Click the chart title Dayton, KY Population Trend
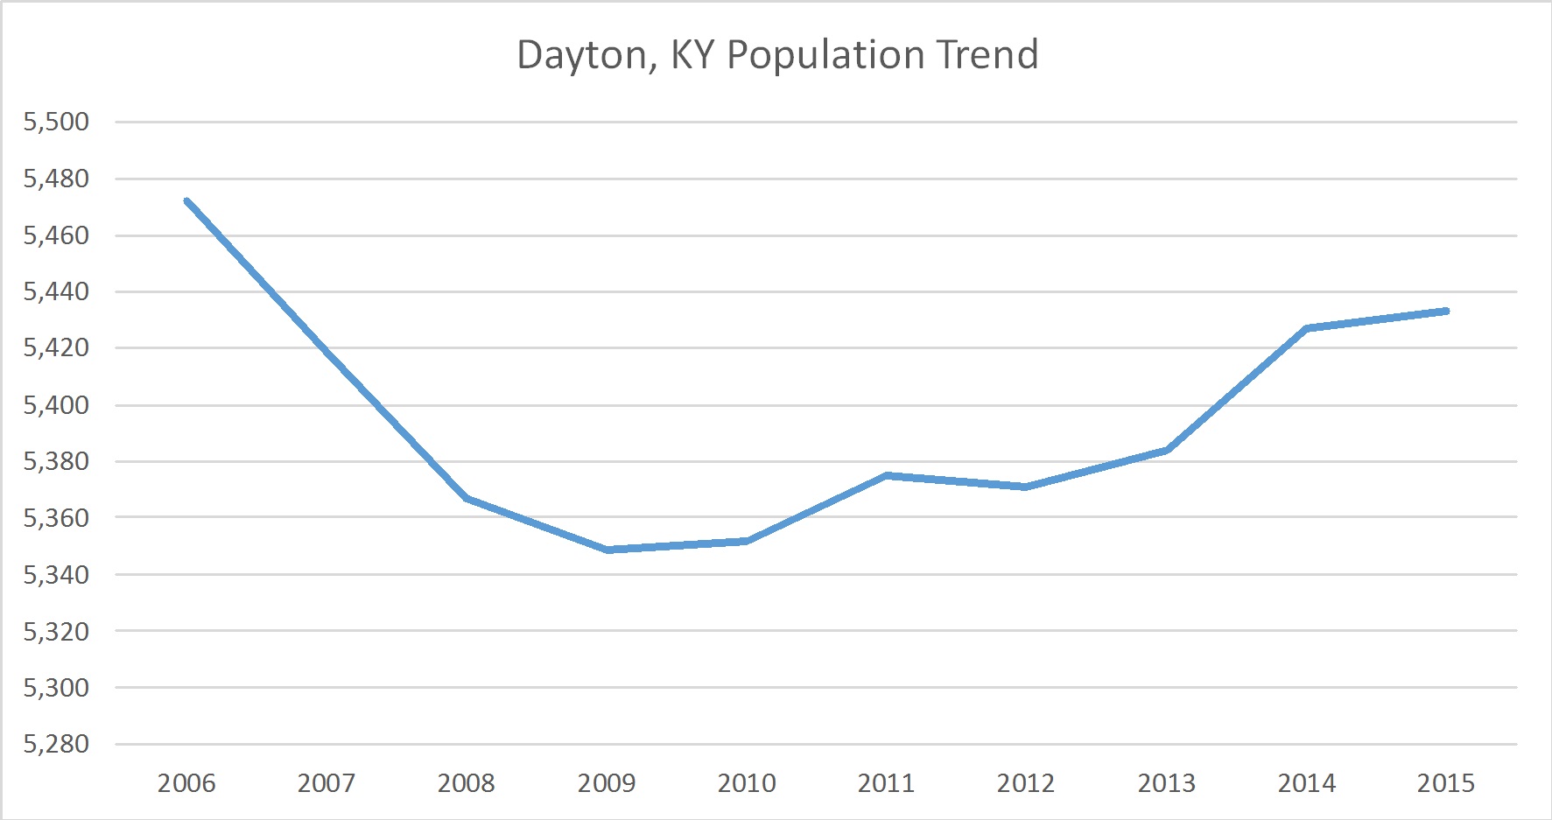(777, 54)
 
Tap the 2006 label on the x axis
(186, 782)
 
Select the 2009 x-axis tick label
(607, 782)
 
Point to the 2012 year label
(1026, 782)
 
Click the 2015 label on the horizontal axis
(1446, 782)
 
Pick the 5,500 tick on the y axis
(57, 122)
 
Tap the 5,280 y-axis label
(57, 744)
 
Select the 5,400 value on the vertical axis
(57, 404)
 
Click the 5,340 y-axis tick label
(57, 574)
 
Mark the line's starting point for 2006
(187, 201)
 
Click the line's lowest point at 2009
(607, 550)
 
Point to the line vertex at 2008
(467, 498)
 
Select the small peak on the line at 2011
(887, 475)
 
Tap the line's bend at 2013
(1167, 450)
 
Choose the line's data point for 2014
(1306, 328)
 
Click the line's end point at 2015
(1446, 311)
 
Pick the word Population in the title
(826, 56)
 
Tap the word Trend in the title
(987, 54)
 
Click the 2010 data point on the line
(748, 541)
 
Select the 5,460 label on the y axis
(57, 235)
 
